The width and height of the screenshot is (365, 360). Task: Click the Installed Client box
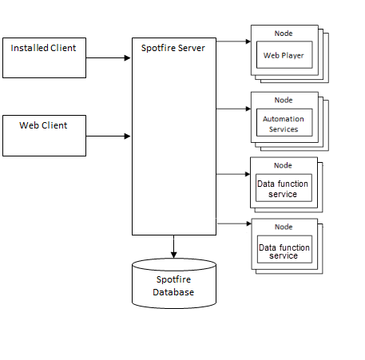click(44, 57)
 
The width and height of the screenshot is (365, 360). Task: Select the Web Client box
click(44, 135)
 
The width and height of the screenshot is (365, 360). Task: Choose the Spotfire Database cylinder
click(173, 283)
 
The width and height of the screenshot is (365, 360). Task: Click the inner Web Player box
click(284, 56)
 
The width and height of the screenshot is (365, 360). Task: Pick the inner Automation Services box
click(284, 125)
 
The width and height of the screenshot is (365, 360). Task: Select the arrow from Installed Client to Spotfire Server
click(108, 57)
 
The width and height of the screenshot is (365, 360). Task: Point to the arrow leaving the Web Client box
click(108, 136)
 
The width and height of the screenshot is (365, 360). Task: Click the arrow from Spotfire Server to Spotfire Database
click(173, 246)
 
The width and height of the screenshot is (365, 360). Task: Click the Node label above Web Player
click(284, 34)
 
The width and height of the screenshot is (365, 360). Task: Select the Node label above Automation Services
click(284, 100)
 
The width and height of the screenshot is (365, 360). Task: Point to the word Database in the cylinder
click(173, 292)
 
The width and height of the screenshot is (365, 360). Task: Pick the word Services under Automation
click(284, 129)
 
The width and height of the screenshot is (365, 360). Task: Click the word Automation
click(284, 120)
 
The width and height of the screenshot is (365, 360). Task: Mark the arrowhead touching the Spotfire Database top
click(173, 254)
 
